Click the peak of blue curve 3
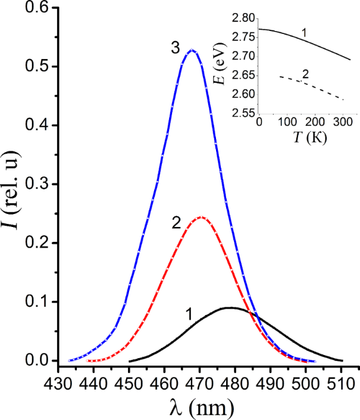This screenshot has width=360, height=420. coord(192,50)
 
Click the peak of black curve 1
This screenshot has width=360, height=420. coord(229,307)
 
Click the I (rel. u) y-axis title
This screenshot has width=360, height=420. coord(11,185)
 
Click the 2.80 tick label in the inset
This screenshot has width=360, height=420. coord(245,18)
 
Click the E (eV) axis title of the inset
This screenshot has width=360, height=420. coord(223,63)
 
